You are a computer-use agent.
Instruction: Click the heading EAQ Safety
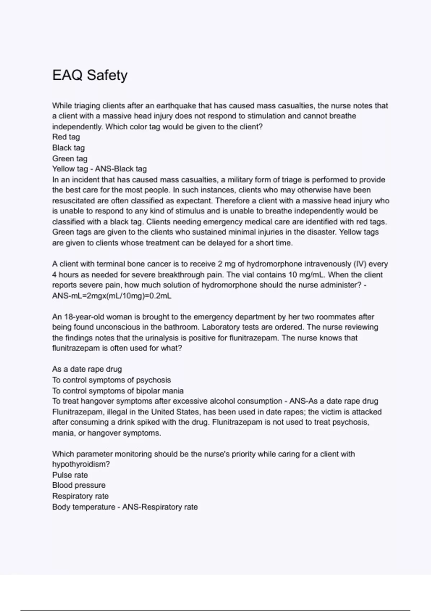[x=90, y=75]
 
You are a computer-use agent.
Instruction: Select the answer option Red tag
[x=66, y=137]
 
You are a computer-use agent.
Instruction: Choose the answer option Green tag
[x=70, y=159]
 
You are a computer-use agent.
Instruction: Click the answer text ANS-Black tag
[x=121, y=169]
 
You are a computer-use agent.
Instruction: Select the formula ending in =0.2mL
[x=112, y=296]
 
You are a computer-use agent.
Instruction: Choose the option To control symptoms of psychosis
[x=111, y=380]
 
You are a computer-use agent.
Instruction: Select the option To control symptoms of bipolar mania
[x=118, y=391]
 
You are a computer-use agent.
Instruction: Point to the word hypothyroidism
[x=81, y=464]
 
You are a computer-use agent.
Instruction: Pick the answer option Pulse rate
[x=70, y=475]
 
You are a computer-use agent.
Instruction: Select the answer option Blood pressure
[x=79, y=485]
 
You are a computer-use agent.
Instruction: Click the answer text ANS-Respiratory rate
[x=160, y=507]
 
